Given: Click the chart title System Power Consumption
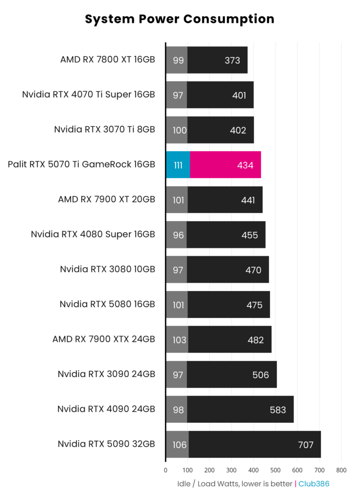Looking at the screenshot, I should [x=180, y=19].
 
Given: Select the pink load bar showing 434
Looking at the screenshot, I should [x=225, y=165].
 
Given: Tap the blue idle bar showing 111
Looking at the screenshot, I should [x=178, y=165].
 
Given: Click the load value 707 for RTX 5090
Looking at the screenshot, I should [x=306, y=445].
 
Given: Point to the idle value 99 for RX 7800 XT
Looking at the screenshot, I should [x=178, y=60].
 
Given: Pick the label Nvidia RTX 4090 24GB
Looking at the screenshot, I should [x=106, y=409].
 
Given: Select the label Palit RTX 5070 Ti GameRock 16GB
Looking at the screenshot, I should [x=81, y=165].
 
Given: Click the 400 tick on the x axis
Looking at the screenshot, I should [x=254, y=470].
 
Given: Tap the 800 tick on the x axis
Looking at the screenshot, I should [x=341, y=470].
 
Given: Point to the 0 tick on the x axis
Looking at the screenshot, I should [x=165, y=470].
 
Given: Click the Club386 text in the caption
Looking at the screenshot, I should [x=314, y=484].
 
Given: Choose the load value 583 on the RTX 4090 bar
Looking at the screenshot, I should [x=278, y=410].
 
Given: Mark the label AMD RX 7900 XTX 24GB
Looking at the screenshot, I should [x=104, y=339].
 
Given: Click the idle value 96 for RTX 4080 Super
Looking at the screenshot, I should [x=178, y=235].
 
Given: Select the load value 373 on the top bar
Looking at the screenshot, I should [x=232, y=60].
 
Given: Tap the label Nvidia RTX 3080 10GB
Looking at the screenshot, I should [x=107, y=269].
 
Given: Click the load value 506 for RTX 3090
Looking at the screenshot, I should [x=261, y=375].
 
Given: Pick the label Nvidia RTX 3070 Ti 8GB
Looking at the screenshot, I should [x=105, y=129].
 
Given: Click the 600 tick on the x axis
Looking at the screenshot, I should [x=297, y=470].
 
